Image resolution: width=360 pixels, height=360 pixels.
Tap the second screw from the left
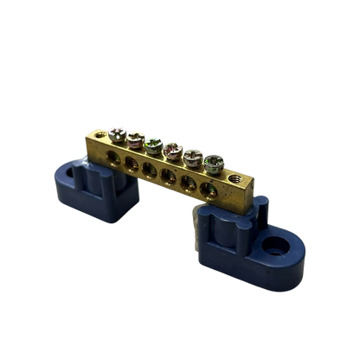(x=136, y=136)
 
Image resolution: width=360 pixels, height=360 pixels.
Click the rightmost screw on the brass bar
(x=215, y=159)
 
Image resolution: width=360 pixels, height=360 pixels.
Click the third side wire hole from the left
(x=148, y=167)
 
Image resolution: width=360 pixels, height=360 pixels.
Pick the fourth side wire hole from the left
(x=167, y=173)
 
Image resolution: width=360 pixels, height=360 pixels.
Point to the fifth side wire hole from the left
(x=186, y=179)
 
